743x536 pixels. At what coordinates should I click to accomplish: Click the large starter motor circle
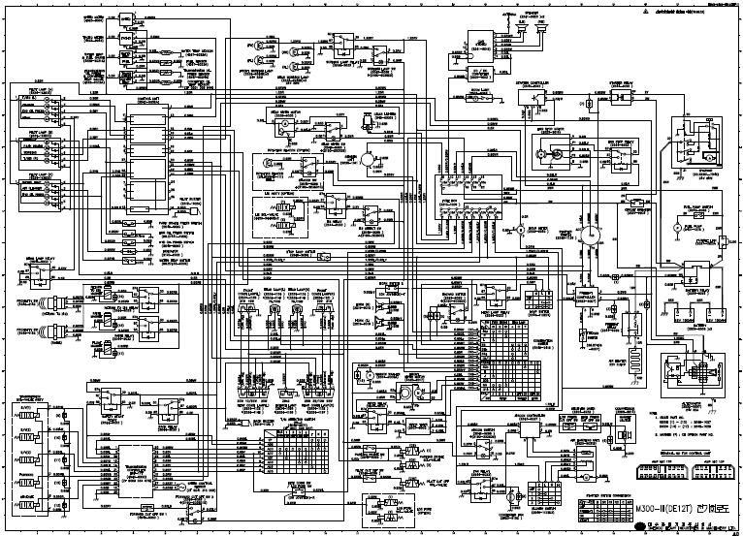(588, 236)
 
